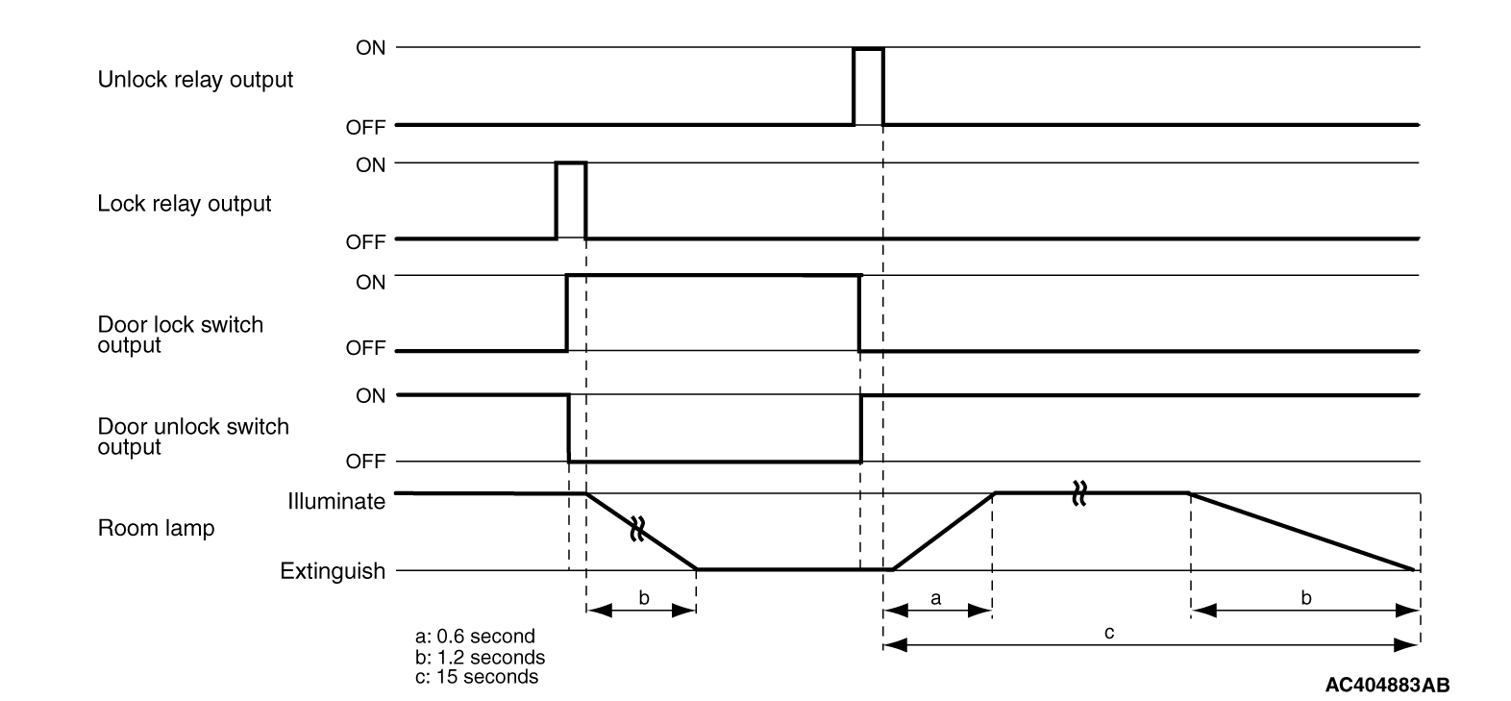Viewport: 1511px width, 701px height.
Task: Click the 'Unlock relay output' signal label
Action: (195, 80)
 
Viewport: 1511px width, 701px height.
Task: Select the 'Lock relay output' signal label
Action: (185, 204)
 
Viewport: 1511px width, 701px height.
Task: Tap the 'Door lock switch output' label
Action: (180, 335)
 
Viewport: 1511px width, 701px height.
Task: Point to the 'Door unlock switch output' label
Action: (192, 437)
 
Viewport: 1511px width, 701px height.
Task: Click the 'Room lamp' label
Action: (156, 529)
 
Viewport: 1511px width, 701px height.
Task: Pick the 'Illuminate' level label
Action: (336, 501)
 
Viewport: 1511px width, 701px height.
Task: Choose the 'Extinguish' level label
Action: (333, 571)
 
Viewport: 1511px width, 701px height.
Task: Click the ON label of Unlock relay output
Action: (370, 48)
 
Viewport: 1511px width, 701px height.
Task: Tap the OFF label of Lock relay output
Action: (365, 242)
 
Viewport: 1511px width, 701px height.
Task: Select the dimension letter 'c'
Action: (1108, 633)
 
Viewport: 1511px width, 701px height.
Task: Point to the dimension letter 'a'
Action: (937, 598)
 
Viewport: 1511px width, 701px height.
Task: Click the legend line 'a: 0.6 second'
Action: (475, 637)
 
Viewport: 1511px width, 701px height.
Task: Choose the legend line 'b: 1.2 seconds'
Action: (480, 658)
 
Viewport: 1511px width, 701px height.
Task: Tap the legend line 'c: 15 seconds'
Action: (477, 677)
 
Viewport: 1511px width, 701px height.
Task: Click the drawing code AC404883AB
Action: (1387, 685)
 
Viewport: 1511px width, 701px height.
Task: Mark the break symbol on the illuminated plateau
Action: (1078, 493)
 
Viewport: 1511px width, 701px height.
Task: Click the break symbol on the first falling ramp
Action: (636, 528)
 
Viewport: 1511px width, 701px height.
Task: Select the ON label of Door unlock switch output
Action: (370, 395)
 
